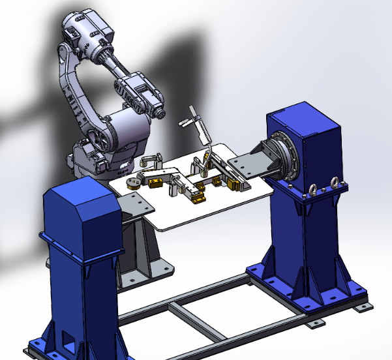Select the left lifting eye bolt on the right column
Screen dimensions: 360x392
(312, 190)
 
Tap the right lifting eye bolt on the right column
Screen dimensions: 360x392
(337, 183)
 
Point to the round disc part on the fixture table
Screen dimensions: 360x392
(132, 182)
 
